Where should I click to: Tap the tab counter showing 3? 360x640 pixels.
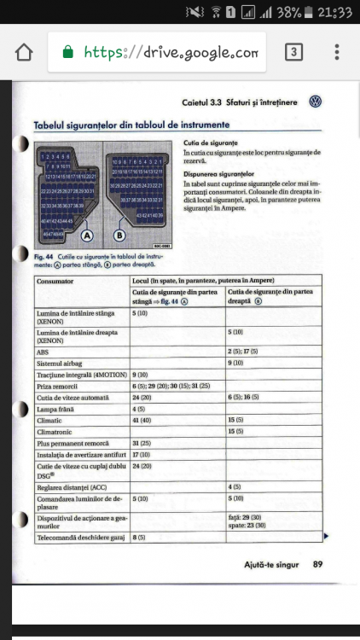tap(294, 53)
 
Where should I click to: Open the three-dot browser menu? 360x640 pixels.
tap(339, 53)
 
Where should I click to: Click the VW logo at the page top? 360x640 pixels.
tap(315, 102)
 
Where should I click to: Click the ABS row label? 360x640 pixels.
tap(44, 351)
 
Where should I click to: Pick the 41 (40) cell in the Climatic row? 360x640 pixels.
tap(142, 421)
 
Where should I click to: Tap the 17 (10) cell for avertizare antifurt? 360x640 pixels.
tap(142, 456)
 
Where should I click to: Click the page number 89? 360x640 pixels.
tap(317, 564)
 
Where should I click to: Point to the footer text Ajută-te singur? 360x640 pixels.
tap(271, 564)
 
